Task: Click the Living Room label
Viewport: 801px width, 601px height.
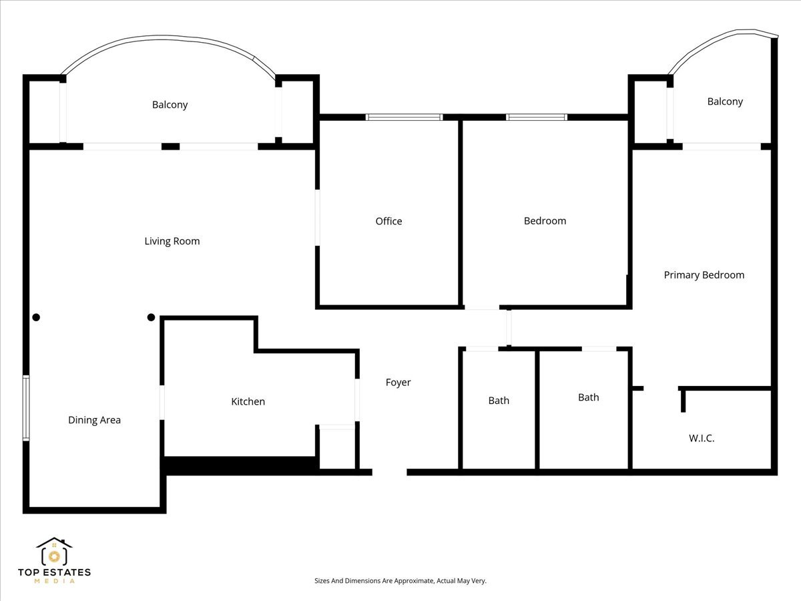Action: [x=172, y=241]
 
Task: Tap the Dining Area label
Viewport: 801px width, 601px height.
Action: [x=94, y=420]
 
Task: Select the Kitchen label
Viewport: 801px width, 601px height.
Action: [x=248, y=401]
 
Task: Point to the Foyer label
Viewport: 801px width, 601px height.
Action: [x=398, y=383]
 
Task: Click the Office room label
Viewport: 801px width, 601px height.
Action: [x=388, y=221]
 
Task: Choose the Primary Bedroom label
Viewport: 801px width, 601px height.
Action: [x=704, y=275]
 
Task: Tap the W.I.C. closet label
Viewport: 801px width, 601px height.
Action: [x=702, y=439]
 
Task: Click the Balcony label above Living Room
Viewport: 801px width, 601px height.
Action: [x=170, y=105]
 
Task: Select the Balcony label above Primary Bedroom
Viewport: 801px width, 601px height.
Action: [x=725, y=102]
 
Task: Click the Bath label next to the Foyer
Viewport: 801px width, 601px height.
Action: [x=499, y=401]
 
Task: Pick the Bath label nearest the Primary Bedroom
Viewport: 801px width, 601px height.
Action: [x=588, y=397]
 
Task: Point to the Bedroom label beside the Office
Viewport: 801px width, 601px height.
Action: [x=545, y=221]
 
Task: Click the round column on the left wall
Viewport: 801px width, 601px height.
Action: [x=36, y=317]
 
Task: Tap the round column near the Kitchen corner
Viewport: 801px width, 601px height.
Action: [x=151, y=317]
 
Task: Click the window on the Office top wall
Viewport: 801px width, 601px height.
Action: [x=404, y=118]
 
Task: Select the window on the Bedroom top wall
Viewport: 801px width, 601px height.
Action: [x=536, y=118]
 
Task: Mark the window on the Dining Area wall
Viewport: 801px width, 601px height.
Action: [x=26, y=407]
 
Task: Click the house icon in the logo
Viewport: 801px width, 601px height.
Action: [x=54, y=552]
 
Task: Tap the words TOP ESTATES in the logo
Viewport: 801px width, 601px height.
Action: [x=54, y=572]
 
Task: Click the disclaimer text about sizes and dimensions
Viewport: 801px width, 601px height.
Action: [x=400, y=581]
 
